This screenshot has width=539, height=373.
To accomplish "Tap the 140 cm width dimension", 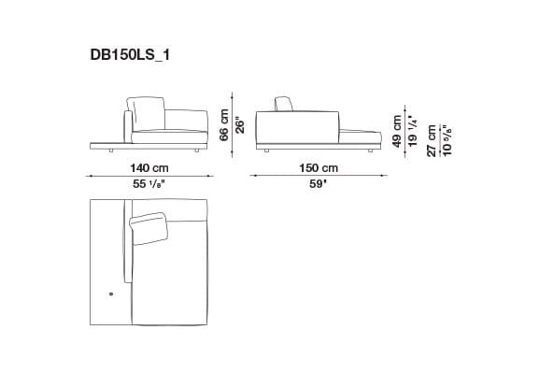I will tap(149, 167).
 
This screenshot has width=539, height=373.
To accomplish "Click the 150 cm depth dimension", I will tap(318, 167).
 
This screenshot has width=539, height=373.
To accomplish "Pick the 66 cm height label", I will tap(223, 123).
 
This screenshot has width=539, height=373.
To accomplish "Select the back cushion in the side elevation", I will tap(287, 104).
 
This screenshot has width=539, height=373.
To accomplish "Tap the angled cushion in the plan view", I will tap(149, 227).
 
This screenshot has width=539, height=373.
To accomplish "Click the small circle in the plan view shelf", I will tap(110, 294).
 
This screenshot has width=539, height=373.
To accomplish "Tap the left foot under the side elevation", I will tap(266, 149).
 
